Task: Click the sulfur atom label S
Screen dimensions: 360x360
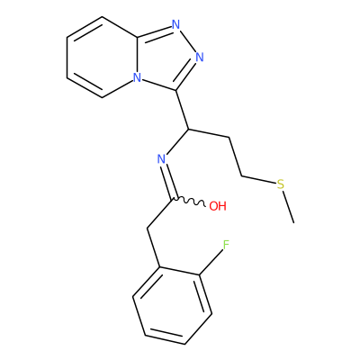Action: click(280, 184)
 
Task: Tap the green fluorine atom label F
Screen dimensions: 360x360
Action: click(226, 246)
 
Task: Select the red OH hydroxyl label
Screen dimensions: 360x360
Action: click(218, 206)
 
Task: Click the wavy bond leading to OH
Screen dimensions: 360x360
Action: click(188, 202)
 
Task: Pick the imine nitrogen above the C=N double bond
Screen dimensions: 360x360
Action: click(162, 159)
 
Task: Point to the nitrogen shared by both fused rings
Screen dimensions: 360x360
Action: click(137, 77)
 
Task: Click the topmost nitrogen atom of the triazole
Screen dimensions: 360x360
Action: click(176, 24)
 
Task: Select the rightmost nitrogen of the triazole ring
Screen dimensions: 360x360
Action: click(200, 57)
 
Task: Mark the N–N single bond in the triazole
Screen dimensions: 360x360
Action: click(188, 40)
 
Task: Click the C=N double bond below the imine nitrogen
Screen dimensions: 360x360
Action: click(167, 182)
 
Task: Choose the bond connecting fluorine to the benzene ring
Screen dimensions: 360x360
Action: click(211, 263)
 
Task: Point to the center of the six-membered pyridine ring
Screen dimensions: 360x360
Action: click(102, 57)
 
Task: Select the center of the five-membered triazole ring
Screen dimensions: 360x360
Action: click(170, 58)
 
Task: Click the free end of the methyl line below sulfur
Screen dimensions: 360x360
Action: click(294, 222)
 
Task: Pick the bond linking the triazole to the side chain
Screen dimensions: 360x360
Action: click(182, 110)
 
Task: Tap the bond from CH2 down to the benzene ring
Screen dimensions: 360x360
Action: click(153, 247)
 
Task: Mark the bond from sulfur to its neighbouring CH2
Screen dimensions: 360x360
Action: click(258, 179)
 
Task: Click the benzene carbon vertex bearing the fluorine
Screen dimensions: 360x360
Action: click(199, 274)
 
